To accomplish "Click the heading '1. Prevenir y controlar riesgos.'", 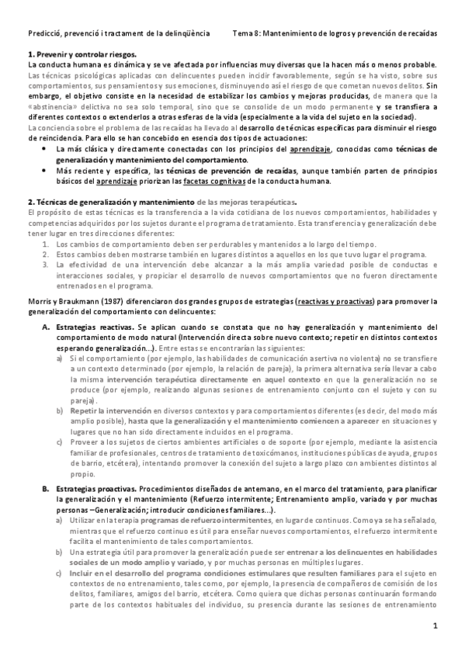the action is [x=82, y=54].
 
